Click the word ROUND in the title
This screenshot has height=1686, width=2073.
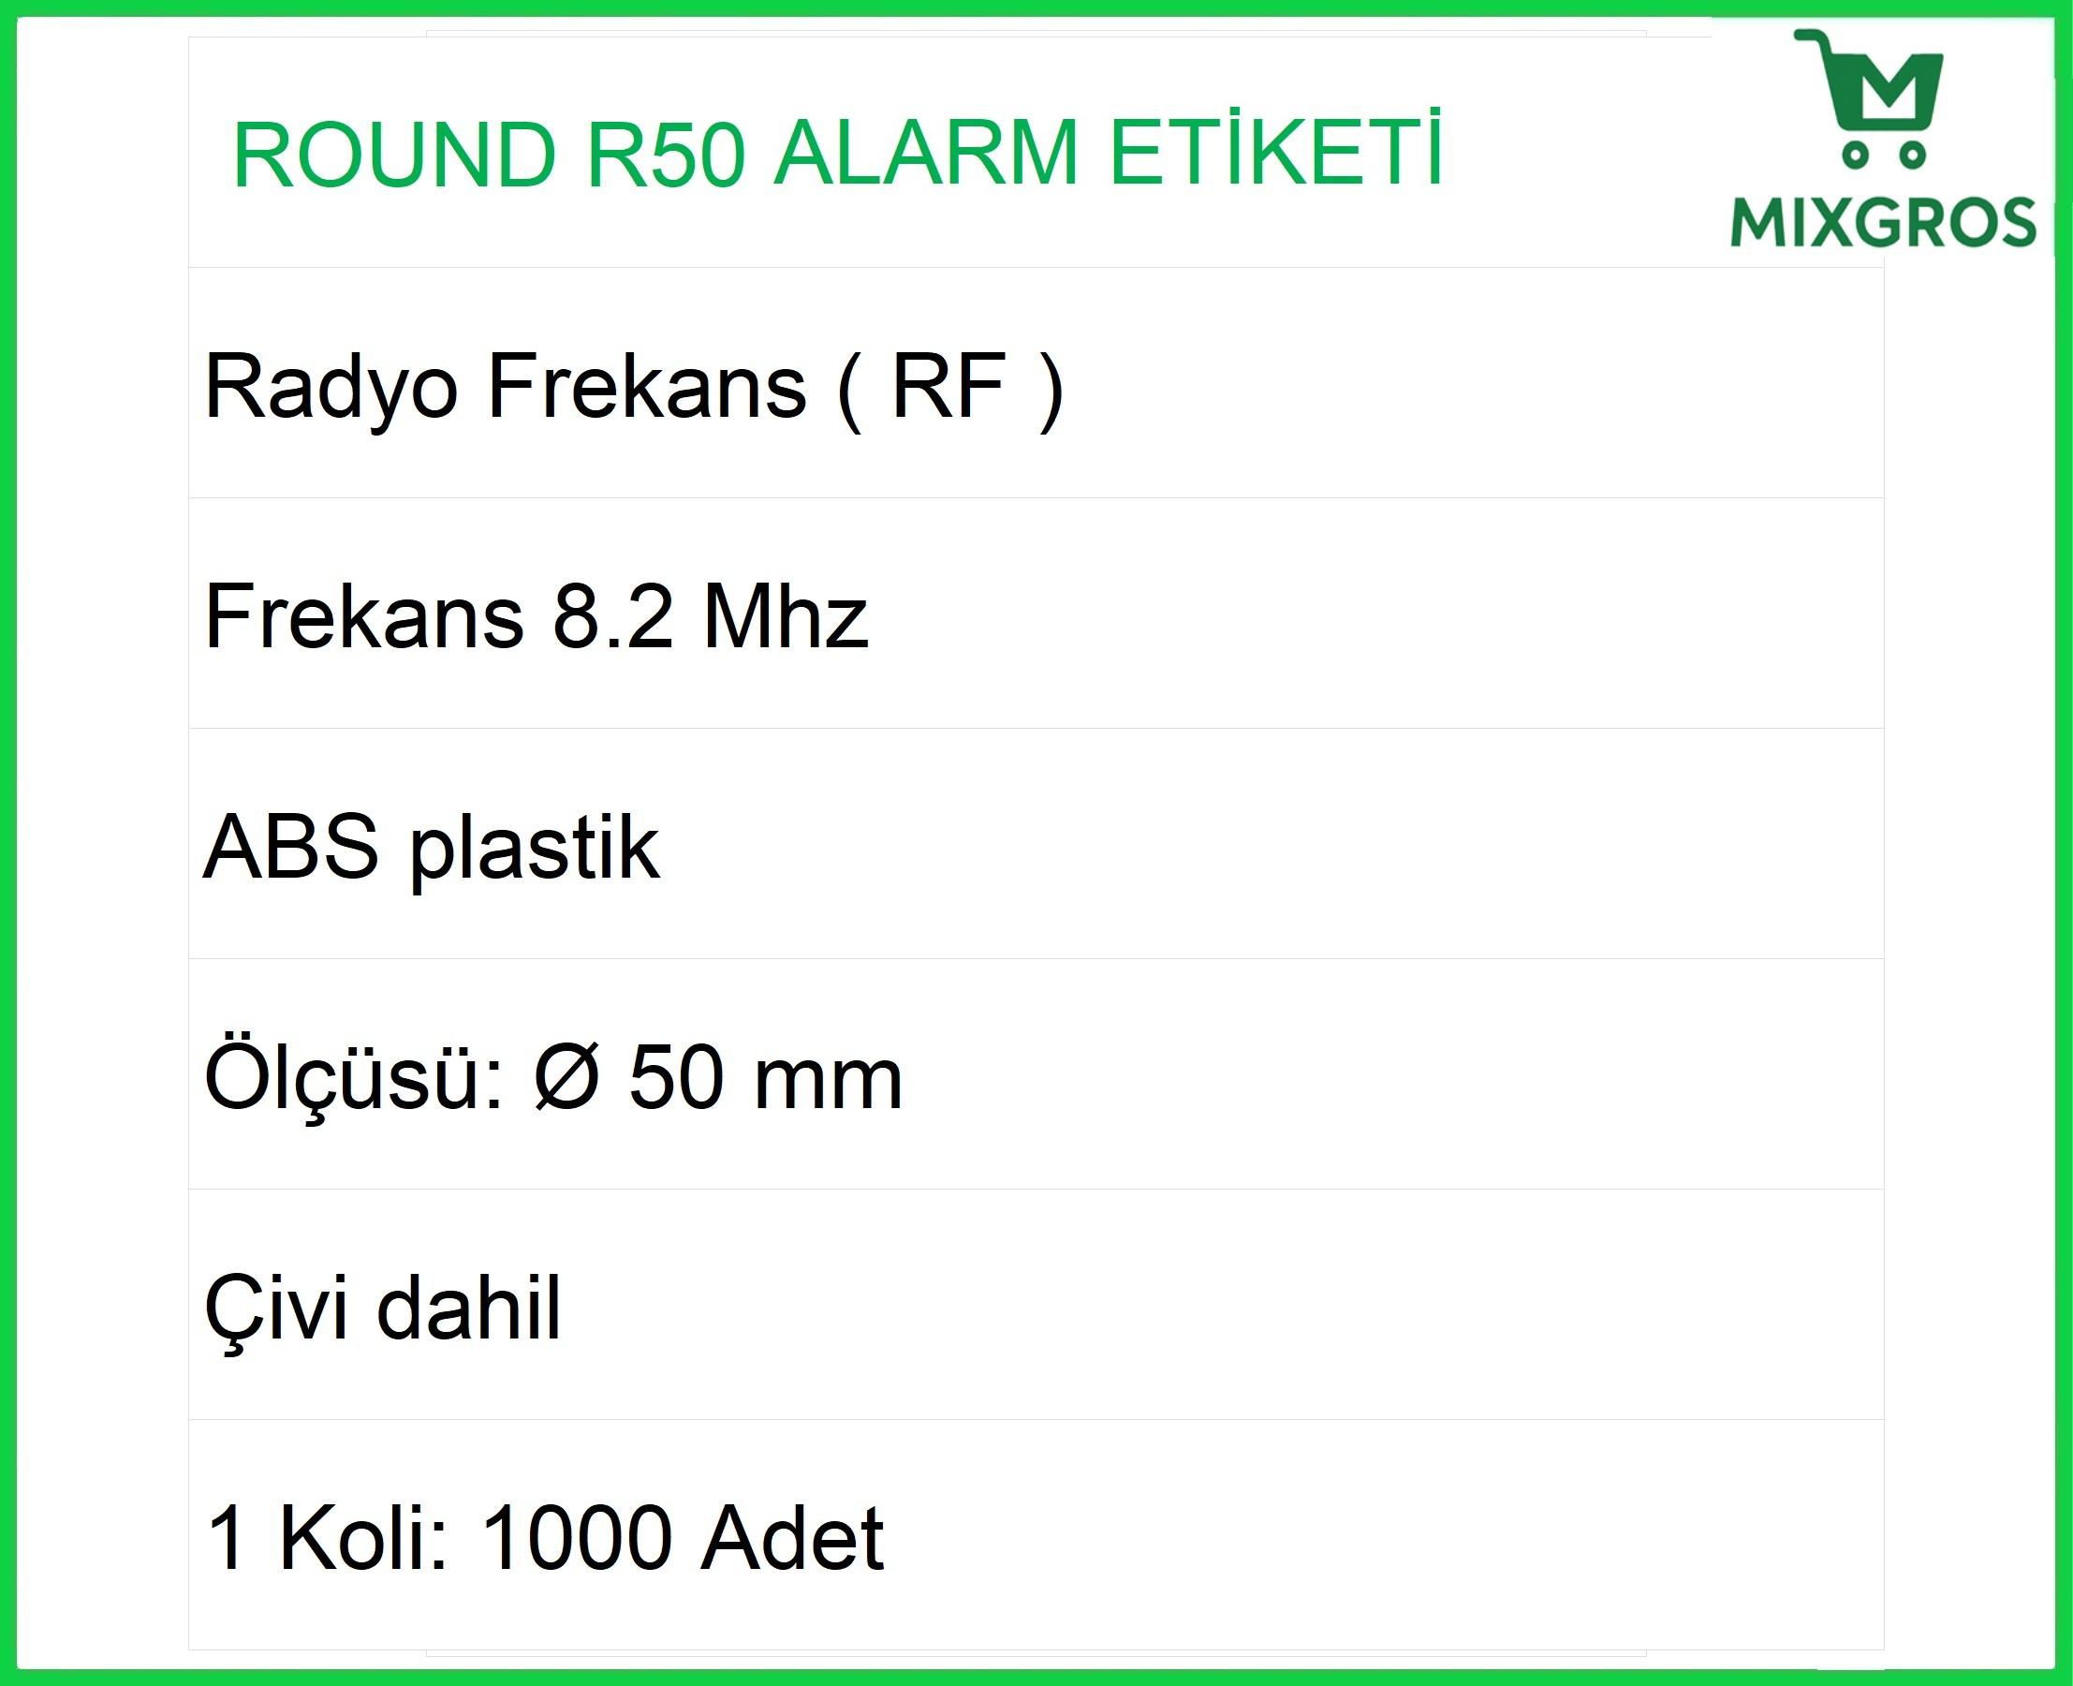click(x=394, y=155)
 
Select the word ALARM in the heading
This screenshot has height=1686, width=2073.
click(x=925, y=155)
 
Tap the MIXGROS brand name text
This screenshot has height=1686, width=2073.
click(x=1883, y=221)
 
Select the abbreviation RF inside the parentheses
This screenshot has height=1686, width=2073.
click(x=948, y=386)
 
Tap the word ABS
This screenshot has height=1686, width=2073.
click(x=290, y=846)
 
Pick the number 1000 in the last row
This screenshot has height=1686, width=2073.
click(x=577, y=1536)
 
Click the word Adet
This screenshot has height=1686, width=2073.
click(x=792, y=1536)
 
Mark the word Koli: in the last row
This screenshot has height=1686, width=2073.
click(x=364, y=1536)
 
